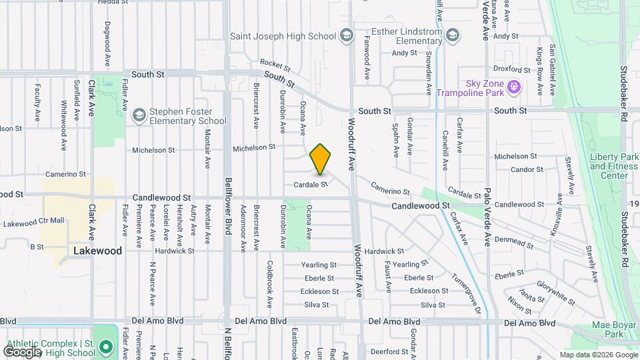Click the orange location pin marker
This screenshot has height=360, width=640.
(x=321, y=159)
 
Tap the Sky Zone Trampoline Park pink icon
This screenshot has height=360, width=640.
(x=513, y=86)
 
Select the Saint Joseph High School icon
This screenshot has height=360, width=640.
(x=346, y=35)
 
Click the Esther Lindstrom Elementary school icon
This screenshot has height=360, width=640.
(x=453, y=35)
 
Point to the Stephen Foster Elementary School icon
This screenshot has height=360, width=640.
(x=139, y=115)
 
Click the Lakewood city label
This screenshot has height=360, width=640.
(x=97, y=251)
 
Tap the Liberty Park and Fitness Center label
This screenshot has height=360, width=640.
(x=614, y=166)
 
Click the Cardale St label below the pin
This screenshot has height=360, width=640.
(x=311, y=184)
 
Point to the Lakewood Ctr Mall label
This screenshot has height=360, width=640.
(x=33, y=220)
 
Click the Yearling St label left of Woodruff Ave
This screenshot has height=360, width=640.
(x=319, y=265)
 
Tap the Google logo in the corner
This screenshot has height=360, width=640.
(x=22, y=351)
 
